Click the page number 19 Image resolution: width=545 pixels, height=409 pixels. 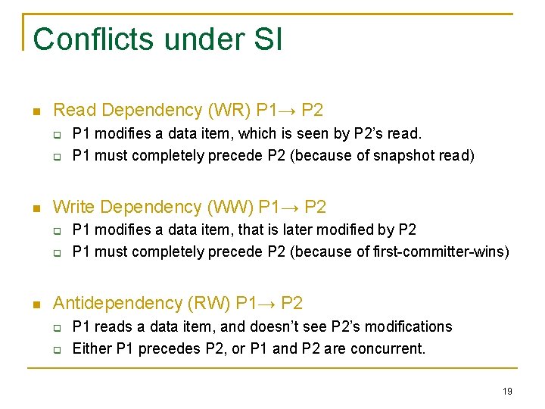(507, 391)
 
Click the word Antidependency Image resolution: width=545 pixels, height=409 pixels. (117, 304)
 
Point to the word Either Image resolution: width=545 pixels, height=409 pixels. (91, 348)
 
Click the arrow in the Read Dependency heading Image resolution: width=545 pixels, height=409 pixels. (288, 111)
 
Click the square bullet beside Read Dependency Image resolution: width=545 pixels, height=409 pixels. (36, 111)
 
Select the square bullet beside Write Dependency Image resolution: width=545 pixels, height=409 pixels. (36, 208)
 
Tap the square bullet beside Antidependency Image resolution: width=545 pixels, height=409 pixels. (36, 304)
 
